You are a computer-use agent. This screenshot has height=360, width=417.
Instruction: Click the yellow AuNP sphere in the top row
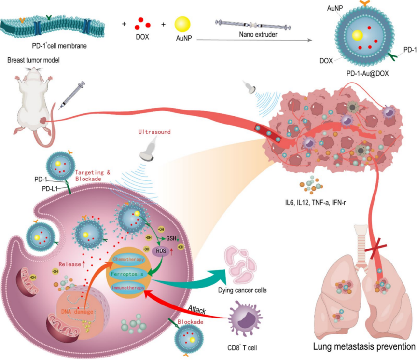[183, 25]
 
